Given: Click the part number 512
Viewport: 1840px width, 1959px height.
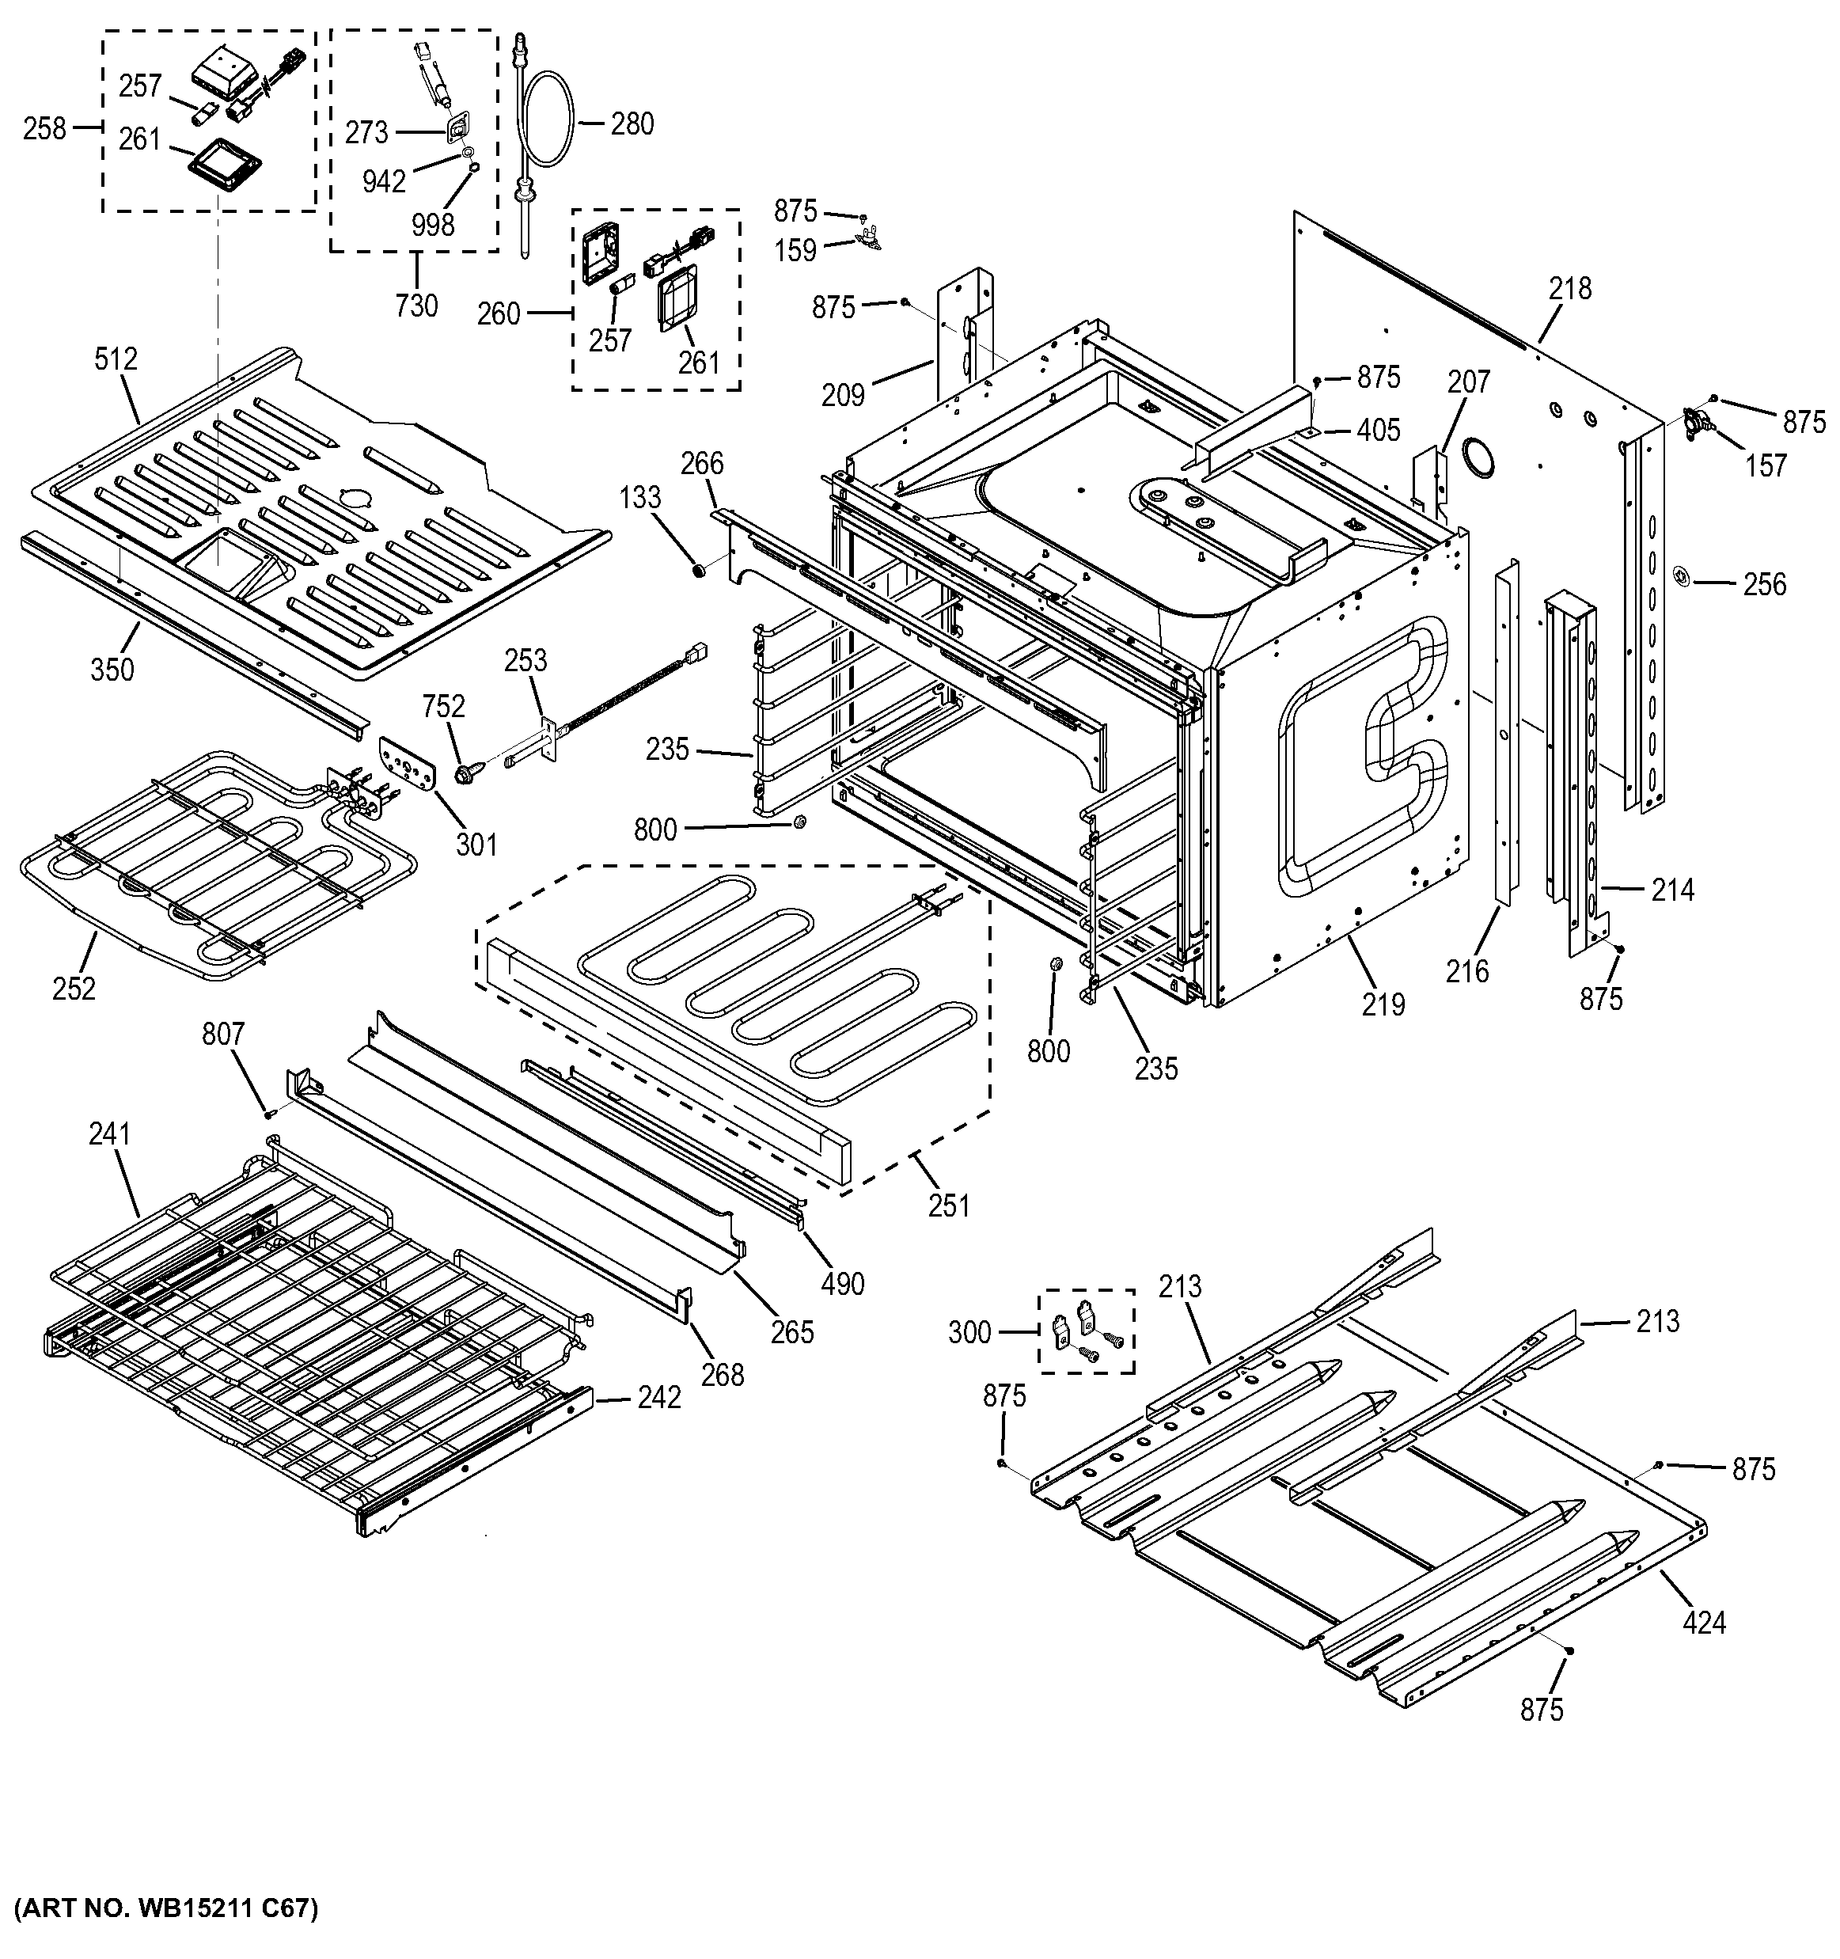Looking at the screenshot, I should (116, 359).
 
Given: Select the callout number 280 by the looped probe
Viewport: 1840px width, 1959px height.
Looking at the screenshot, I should (632, 124).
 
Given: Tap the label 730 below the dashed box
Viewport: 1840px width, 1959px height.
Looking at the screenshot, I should (415, 306).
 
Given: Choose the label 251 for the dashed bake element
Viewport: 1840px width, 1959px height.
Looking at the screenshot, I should (949, 1206).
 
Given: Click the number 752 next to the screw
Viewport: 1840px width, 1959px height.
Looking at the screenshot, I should (443, 707).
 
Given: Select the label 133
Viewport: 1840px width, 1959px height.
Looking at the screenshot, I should (640, 498).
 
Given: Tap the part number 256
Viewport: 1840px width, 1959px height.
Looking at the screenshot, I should (1764, 584).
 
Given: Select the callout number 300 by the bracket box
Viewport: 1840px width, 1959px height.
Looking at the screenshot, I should (969, 1333).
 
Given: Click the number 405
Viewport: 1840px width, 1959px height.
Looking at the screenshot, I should (1378, 430).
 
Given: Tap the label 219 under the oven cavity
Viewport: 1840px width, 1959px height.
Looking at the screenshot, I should (1383, 1005).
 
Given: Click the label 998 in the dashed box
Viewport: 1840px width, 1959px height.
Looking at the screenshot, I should (432, 226).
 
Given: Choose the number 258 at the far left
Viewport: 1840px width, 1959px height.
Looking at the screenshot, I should (44, 128).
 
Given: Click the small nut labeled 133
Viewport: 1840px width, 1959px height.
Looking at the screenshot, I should (698, 570).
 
